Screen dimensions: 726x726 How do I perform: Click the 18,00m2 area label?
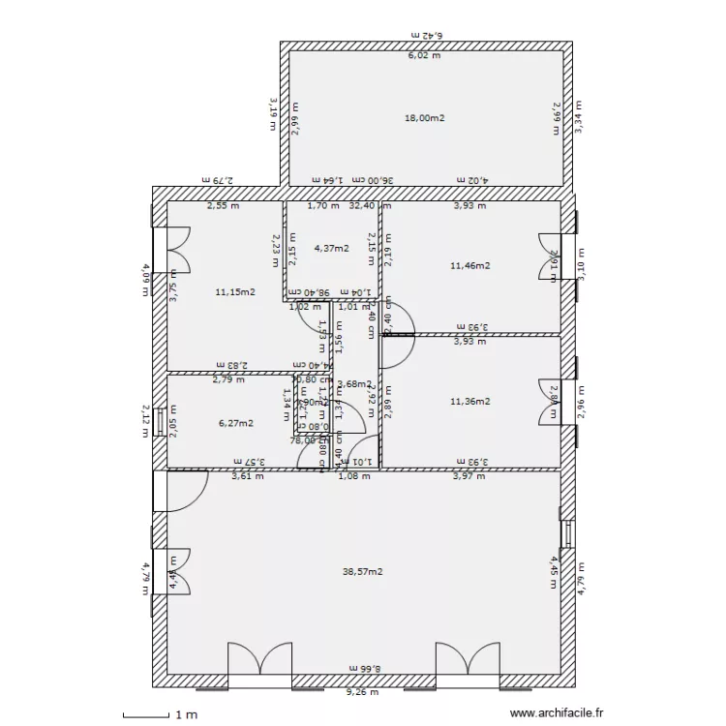[424, 118]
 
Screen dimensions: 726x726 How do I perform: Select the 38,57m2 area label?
[363, 571]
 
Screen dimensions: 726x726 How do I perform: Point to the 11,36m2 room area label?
[470, 401]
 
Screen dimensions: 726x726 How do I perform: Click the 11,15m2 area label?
[235, 291]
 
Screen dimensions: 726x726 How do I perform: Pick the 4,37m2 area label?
[330, 248]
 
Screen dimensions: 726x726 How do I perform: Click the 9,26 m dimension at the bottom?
[363, 692]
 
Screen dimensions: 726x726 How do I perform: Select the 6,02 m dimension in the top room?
[423, 55]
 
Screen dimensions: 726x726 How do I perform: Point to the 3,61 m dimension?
[247, 476]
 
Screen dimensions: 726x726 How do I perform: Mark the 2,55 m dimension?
[224, 205]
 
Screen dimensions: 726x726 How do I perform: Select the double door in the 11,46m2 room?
[549, 259]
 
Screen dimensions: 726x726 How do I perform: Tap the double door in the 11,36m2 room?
[549, 399]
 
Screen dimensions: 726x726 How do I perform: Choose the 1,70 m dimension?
[322, 205]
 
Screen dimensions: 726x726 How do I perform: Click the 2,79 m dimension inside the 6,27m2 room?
[228, 380]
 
